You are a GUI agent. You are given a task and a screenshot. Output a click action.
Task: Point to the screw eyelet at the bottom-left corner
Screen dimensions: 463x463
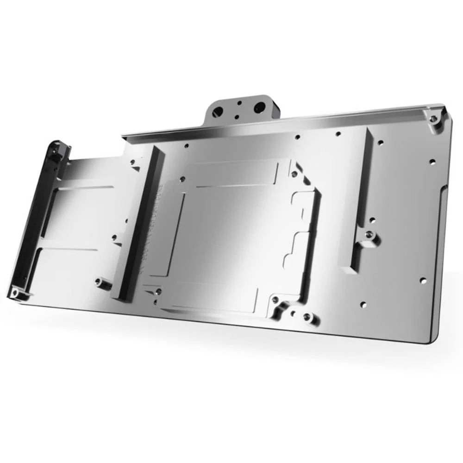click(x=14, y=293)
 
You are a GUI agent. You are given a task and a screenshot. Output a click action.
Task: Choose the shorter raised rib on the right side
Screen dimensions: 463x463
click(x=360, y=199)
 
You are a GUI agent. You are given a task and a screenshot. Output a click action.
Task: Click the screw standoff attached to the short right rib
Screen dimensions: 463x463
click(x=370, y=237)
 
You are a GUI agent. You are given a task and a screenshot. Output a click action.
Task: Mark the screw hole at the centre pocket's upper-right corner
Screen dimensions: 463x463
click(x=293, y=174)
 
